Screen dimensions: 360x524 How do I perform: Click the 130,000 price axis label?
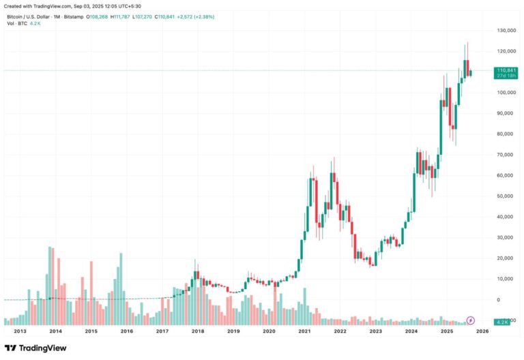pyautogui.click(x=506, y=31)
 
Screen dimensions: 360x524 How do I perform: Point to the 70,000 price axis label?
pyautogui.click(x=506, y=155)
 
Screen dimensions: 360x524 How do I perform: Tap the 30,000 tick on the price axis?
pyautogui.click(x=506, y=237)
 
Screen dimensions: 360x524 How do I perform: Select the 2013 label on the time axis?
pyautogui.click(x=20, y=331)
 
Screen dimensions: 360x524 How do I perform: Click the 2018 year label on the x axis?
pyautogui.click(x=198, y=331)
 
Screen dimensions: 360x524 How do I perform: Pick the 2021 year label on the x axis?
pyautogui.click(x=304, y=331)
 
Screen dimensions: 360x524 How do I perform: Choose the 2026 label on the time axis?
pyautogui.click(x=482, y=331)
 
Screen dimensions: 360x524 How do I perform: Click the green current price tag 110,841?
pyautogui.click(x=507, y=70)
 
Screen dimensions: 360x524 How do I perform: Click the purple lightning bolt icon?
pyautogui.click(x=470, y=320)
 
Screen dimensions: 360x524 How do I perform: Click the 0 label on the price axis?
pyautogui.click(x=499, y=299)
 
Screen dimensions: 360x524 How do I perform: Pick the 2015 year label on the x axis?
pyautogui.click(x=91, y=331)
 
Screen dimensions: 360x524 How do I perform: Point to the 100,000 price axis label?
pyautogui.click(x=506, y=93)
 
